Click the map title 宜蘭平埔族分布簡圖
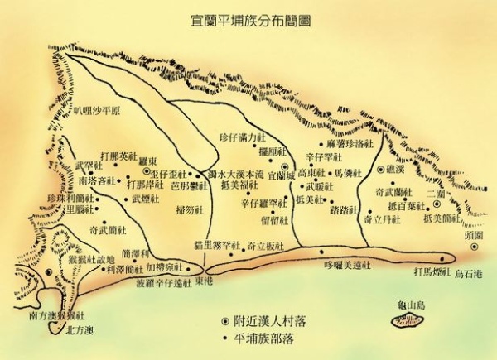[x=248, y=16]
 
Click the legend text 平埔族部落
[x=258, y=338]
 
